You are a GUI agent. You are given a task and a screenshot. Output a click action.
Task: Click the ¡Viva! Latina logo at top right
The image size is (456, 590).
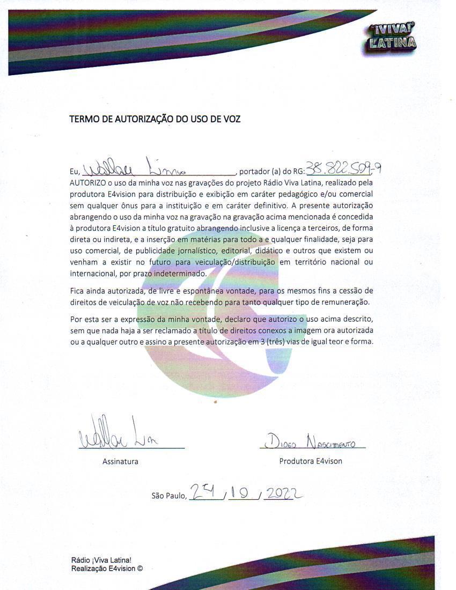(391, 36)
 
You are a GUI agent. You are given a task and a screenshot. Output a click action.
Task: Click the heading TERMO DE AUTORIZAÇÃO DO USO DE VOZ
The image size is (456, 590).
(155, 119)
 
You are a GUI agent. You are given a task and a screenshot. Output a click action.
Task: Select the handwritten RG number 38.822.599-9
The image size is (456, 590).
(343, 168)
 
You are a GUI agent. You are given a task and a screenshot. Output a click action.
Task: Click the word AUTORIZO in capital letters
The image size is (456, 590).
(88, 182)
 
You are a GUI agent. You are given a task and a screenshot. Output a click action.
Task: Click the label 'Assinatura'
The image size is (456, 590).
(120, 461)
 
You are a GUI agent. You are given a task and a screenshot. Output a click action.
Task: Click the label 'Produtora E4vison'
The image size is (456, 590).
(311, 461)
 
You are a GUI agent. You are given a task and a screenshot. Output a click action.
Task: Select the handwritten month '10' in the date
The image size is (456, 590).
(241, 493)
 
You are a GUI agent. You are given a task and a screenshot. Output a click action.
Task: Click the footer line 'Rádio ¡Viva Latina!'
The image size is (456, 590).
(101, 560)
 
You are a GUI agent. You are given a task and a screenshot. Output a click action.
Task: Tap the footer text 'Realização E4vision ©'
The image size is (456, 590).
(107, 569)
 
